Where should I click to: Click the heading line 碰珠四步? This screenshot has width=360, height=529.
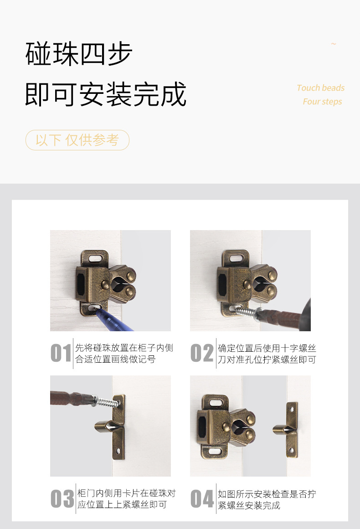79,54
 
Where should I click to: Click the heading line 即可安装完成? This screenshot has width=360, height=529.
106,94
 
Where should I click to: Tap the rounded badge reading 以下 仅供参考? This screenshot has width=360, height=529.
77,140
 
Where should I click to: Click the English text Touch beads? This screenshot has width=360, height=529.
320,88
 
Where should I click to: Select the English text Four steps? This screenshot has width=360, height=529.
322,102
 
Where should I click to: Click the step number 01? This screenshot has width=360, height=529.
61,354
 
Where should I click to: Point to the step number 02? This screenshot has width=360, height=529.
201,354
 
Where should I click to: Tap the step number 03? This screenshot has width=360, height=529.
62,499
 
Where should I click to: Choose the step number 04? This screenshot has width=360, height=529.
202,499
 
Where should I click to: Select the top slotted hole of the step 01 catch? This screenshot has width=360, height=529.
95,257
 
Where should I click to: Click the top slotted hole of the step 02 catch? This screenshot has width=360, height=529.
236,258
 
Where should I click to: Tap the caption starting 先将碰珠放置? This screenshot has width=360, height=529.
124,354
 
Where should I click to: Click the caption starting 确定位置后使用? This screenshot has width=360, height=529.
267,354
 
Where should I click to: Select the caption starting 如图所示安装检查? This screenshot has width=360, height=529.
267,499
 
